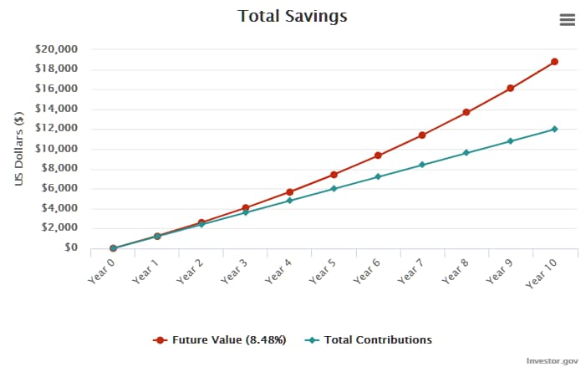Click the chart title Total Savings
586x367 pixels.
pos(292,16)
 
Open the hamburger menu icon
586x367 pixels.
pos(567,20)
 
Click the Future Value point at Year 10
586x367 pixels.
pos(554,62)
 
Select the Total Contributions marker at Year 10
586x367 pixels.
pos(554,129)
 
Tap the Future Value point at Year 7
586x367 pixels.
pos(422,135)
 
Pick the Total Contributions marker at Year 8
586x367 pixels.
pos(466,153)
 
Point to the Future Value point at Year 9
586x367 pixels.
pos(510,88)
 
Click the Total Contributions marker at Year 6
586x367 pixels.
pos(378,176)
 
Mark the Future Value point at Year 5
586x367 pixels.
pos(334,175)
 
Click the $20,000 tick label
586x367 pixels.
pos(56,49)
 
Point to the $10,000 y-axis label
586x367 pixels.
pos(56,149)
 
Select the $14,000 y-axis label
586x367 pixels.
pos(56,109)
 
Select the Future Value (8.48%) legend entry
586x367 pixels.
pos(221,340)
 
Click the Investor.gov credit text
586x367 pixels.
pos(552,360)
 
